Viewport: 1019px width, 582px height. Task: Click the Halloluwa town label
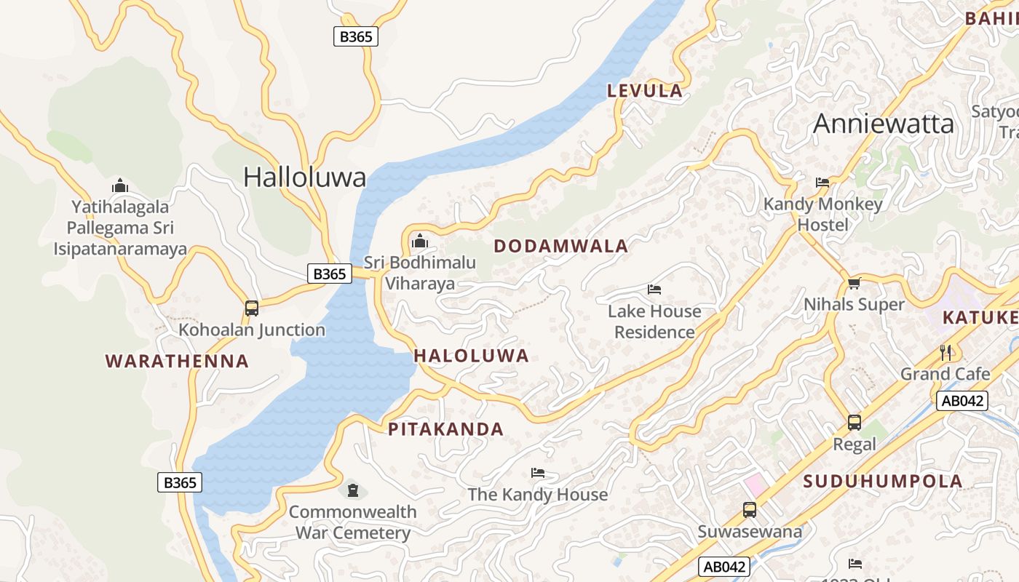point(304,177)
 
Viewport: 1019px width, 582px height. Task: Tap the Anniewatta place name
point(883,124)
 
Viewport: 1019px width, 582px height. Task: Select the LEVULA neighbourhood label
point(645,91)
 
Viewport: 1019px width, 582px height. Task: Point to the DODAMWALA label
point(560,246)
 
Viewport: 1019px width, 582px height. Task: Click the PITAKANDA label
point(445,429)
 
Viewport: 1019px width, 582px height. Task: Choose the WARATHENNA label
point(177,361)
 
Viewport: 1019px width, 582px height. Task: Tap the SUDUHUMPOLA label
point(883,481)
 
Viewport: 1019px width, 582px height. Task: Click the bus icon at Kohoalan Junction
point(252,308)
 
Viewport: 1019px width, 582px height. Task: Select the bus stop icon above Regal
point(855,422)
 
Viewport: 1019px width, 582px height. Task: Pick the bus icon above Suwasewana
point(750,509)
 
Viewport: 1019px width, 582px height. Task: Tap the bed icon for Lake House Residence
point(654,290)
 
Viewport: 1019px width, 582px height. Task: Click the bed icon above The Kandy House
point(538,473)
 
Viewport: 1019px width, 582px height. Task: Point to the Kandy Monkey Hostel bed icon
point(822,182)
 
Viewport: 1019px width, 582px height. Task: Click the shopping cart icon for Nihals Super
point(854,283)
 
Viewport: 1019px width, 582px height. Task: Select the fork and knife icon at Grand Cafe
point(945,353)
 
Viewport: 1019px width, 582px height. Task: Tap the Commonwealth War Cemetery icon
point(353,490)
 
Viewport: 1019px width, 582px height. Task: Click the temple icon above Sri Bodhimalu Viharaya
point(419,240)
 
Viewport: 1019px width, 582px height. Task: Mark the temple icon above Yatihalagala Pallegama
point(120,186)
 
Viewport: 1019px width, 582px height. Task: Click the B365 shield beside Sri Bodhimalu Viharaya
point(329,274)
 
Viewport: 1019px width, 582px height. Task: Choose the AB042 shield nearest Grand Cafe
point(961,400)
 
